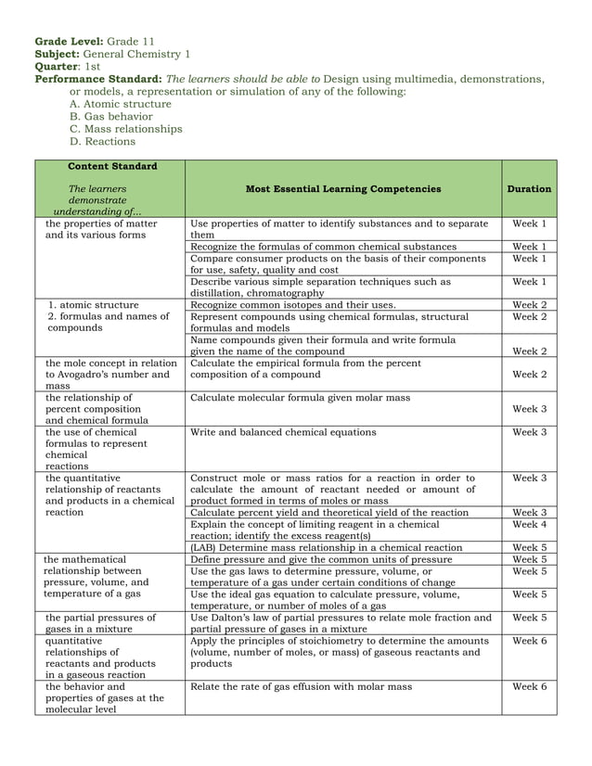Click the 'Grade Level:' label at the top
point(69,43)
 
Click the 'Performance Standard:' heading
point(98,80)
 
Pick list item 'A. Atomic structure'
point(121,105)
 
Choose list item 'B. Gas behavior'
point(111,117)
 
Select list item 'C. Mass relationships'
point(126,130)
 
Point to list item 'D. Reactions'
point(103,142)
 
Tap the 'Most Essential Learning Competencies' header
point(343,189)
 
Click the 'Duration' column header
point(529,189)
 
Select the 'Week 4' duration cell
point(529,524)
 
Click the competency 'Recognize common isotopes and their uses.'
point(293,305)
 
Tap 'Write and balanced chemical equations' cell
point(283,432)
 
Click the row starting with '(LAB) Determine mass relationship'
point(326,548)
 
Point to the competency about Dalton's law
point(341,623)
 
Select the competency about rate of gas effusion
point(301,687)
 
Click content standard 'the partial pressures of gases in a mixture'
point(100,623)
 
